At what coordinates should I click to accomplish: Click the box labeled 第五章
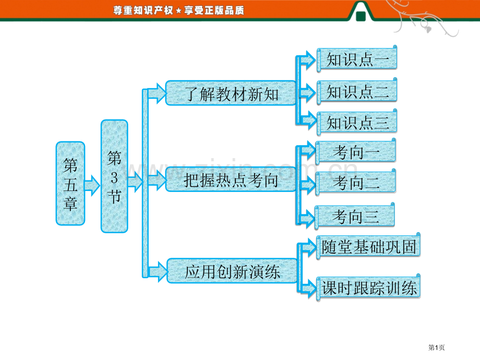tap(70, 183)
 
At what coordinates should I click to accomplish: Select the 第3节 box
tap(114, 176)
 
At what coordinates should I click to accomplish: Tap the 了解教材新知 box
tap(231, 93)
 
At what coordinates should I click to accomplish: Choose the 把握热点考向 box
tap(231, 179)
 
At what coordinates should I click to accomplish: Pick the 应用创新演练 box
tap(232, 271)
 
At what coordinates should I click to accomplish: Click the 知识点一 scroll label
tap(357, 59)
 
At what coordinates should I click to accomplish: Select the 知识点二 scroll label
tap(357, 91)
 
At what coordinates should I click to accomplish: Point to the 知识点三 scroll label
tap(357, 123)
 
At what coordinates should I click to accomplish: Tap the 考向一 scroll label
tap(356, 151)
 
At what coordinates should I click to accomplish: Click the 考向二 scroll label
tap(356, 183)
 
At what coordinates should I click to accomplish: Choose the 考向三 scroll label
tap(355, 216)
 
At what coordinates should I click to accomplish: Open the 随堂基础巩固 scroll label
tap(368, 246)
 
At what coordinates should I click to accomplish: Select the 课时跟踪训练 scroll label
tap(368, 288)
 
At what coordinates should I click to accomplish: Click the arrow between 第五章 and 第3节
tap(92, 186)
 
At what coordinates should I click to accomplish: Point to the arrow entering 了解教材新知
tap(157, 93)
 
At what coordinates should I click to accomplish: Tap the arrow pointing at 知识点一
tap(308, 59)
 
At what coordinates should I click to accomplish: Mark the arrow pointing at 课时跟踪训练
tap(308, 288)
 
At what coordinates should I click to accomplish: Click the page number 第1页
tap(436, 347)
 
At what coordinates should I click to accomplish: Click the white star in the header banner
tap(179, 11)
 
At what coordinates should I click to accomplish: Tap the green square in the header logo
tap(361, 16)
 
